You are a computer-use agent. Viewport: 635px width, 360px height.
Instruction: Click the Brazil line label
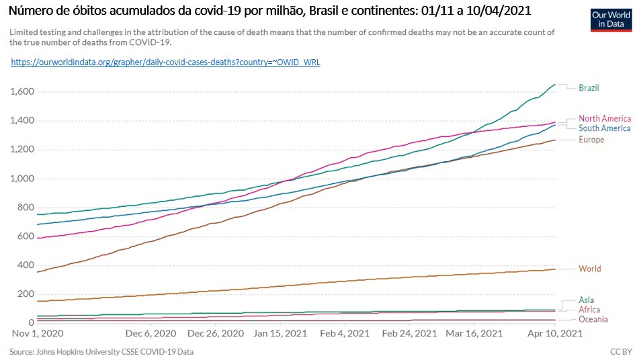point(589,88)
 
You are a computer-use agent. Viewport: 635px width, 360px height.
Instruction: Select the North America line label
point(604,118)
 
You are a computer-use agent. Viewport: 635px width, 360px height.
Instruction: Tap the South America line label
point(604,128)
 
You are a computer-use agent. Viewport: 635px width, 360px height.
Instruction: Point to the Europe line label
point(591,140)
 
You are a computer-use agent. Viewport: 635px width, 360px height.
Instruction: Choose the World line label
point(589,269)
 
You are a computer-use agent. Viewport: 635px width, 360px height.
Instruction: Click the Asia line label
point(586,300)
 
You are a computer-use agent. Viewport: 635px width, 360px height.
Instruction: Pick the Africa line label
point(589,310)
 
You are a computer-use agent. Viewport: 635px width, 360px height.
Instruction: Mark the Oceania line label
point(593,320)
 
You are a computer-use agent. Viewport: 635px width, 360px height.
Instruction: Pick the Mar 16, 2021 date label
point(474,333)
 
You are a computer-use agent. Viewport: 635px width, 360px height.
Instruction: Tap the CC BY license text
point(617,351)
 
